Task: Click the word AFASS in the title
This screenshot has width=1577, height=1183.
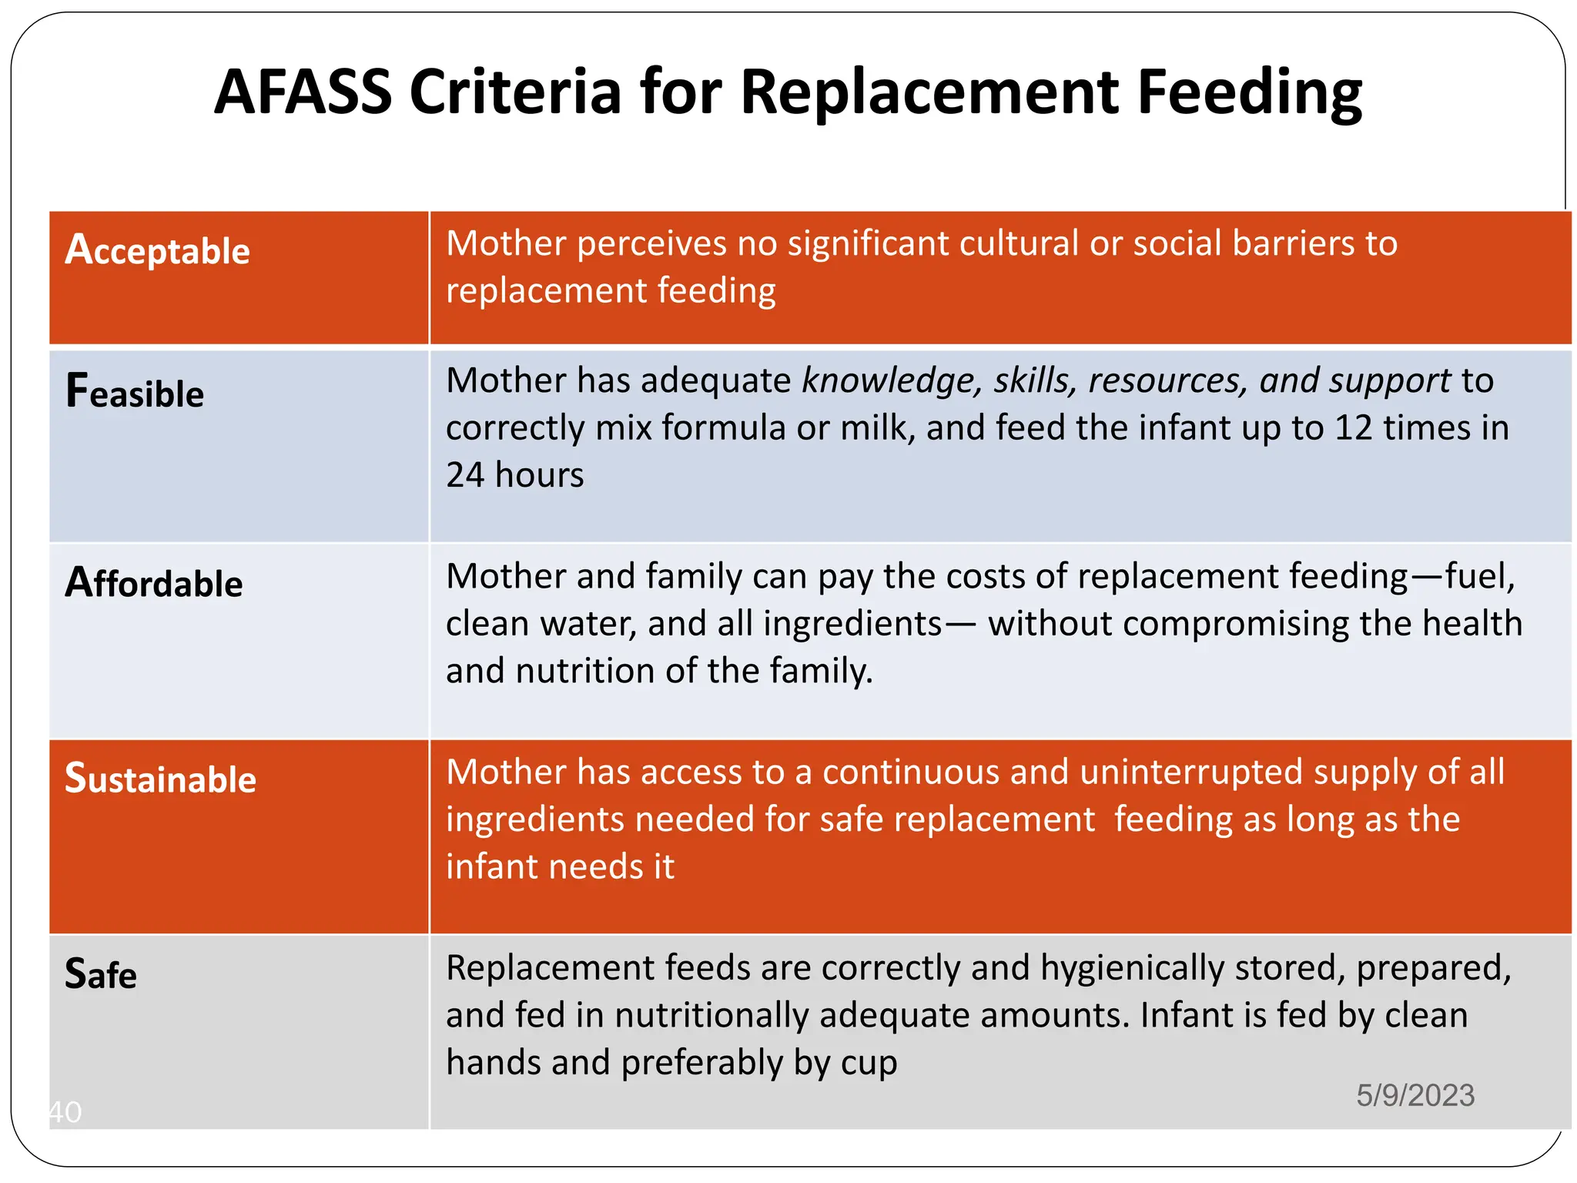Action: click(x=303, y=92)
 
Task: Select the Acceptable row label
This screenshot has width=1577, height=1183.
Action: click(x=157, y=250)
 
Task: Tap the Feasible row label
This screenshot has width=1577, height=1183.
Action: click(x=135, y=392)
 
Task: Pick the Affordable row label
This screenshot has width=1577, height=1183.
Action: click(x=154, y=583)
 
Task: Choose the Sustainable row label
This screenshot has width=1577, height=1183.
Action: click(x=160, y=779)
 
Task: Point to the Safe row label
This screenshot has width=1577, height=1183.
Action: click(x=101, y=974)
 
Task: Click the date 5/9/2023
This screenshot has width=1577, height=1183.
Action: click(x=1415, y=1095)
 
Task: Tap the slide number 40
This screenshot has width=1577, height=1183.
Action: click(x=65, y=1112)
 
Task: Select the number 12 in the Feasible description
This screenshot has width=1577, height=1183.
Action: click(x=1353, y=428)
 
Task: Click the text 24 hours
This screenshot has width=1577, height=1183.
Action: click(x=514, y=475)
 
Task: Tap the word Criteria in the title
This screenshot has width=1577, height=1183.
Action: click(x=514, y=92)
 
